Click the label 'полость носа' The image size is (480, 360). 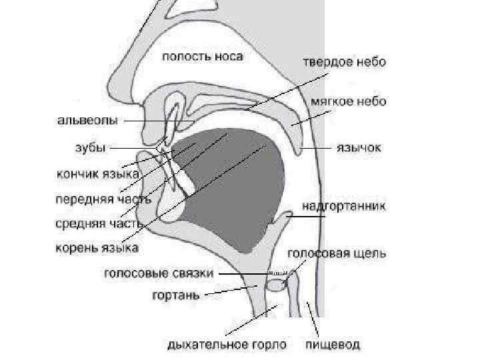pos(203,56)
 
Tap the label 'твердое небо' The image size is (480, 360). pos(345,61)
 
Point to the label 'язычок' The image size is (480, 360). pos(359,147)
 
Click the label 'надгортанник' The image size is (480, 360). pos(343,205)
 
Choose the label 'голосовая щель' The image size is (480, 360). pos(337,253)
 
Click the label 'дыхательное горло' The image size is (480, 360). pos(227,345)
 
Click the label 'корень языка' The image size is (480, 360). pos(97,248)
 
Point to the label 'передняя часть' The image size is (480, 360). pos(97,199)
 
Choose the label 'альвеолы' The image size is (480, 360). pos(87,121)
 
